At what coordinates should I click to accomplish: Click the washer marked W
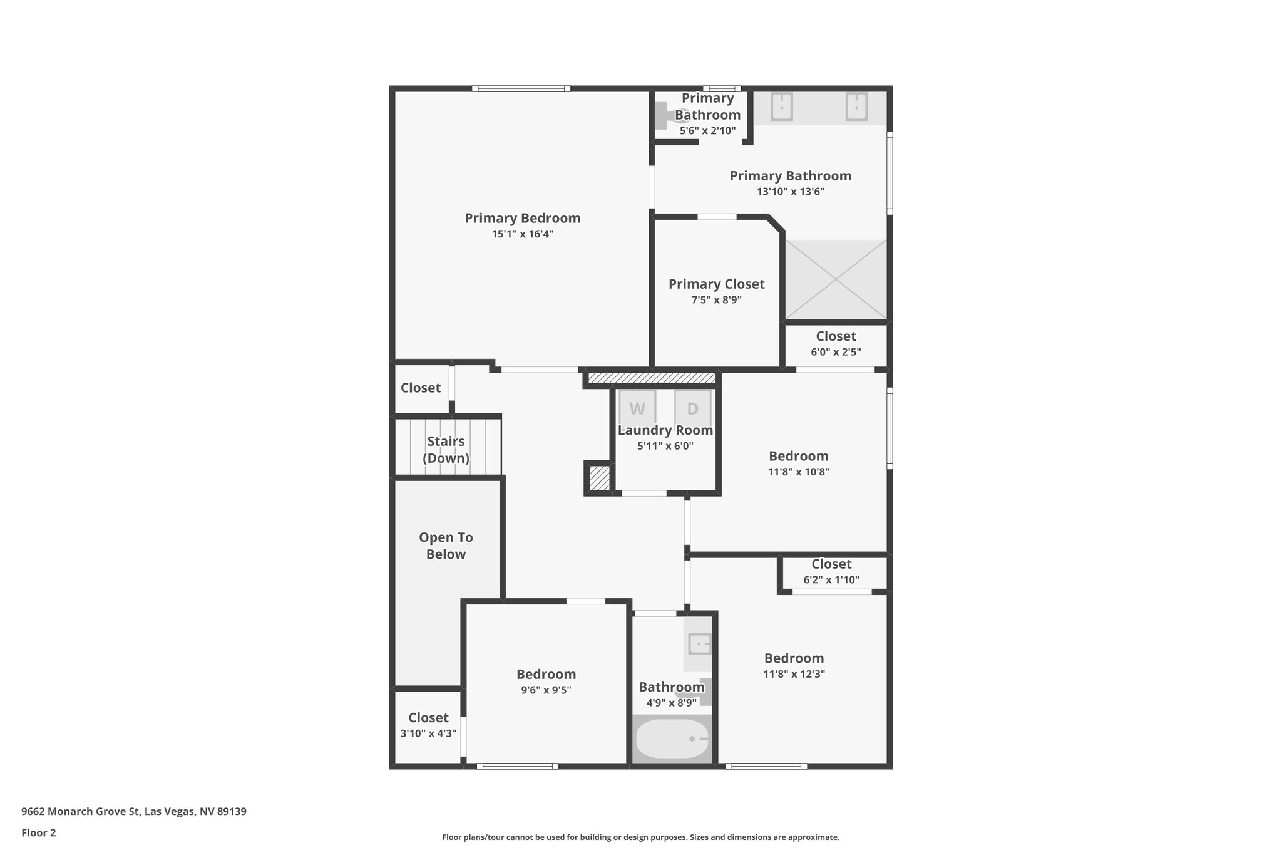637,408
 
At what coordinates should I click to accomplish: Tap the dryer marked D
692,408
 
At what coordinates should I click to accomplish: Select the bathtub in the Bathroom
672,739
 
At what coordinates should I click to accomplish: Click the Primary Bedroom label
522,218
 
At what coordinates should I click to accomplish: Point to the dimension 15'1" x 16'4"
522,234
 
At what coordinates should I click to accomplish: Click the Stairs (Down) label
446,449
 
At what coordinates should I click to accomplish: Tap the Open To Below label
446,546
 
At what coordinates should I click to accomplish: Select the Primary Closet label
716,284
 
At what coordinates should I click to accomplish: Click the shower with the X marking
836,279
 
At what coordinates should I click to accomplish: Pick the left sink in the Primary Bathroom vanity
781,106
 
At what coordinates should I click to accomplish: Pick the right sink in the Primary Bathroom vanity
856,106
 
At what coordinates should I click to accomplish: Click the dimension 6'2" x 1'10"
831,580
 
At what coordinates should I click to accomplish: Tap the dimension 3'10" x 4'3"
428,733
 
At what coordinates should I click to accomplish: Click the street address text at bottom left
134,812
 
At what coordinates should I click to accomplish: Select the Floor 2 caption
39,832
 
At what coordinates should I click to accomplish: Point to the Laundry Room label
665,430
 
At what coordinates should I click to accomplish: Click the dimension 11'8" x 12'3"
794,674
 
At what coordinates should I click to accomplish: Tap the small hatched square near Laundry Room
599,478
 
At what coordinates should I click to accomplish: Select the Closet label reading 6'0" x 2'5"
836,336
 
